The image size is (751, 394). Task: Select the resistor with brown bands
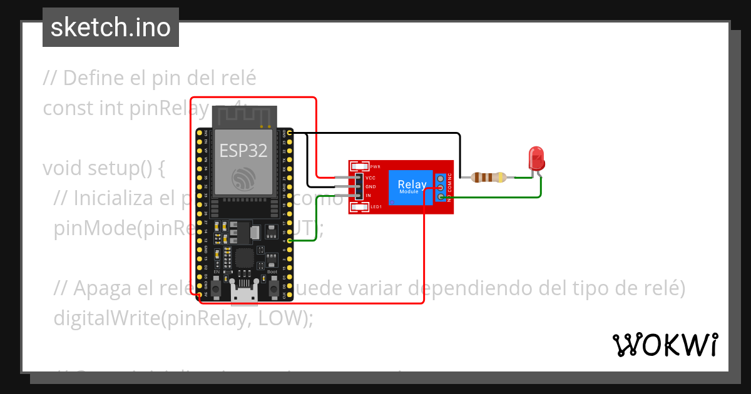coord(489,178)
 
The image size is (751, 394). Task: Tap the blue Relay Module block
coord(412,186)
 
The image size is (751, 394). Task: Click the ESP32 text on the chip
coord(243,151)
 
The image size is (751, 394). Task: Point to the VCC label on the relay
coord(370,178)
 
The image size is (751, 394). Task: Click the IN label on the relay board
coord(369,196)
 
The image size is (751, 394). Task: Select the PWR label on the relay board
coord(375,167)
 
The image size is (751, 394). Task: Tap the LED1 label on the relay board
coord(376,206)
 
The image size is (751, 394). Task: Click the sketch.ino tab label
coord(111,28)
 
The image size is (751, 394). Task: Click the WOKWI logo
coord(665,345)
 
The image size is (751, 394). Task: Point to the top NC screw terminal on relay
coord(441,178)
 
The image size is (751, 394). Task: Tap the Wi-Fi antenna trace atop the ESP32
coord(244,116)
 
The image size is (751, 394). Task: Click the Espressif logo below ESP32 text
coord(243,179)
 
